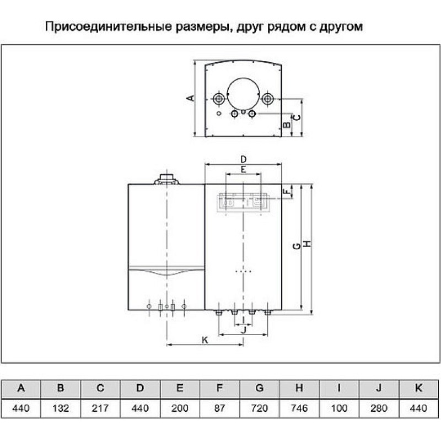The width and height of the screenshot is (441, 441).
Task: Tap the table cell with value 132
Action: click(61, 408)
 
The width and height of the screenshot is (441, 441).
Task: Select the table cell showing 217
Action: click(100, 408)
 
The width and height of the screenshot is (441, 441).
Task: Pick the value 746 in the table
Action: click(299, 408)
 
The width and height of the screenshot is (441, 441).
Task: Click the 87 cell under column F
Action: click(219, 408)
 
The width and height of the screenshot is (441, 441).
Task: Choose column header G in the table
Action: click(259, 389)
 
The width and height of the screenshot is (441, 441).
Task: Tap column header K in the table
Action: click(418, 389)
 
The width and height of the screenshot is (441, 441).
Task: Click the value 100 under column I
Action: click(339, 408)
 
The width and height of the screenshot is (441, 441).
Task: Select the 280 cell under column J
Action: click(379, 408)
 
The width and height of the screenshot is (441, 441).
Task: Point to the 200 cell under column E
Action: click(180, 408)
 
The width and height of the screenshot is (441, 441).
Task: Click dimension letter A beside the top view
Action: click(191, 98)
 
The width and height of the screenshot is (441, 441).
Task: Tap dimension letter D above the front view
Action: click(243, 159)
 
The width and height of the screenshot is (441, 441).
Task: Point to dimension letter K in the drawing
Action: click(205, 340)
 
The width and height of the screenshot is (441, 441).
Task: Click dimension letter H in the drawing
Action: click(308, 244)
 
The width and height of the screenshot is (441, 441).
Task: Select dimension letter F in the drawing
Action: click(286, 192)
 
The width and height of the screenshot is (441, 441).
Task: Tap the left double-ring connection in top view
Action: click(219, 99)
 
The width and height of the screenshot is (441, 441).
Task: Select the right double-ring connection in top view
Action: click(267, 99)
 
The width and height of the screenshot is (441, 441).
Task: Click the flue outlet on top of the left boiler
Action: click(166, 179)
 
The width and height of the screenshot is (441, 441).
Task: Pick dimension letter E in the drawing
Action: click(243, 170)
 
